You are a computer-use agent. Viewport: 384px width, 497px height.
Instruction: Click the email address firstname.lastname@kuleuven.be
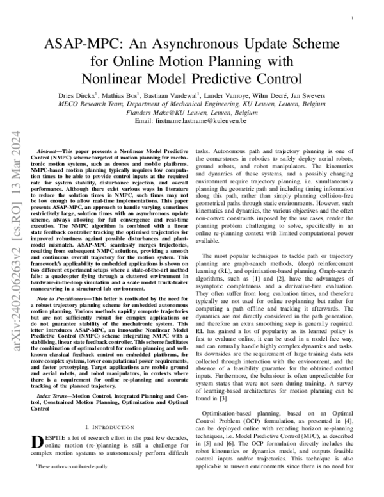(205, 121)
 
